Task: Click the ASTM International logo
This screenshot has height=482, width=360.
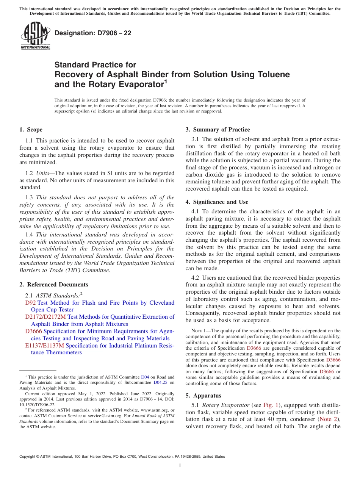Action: tap(35, 36)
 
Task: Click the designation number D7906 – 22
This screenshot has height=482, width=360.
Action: tap(93, 33)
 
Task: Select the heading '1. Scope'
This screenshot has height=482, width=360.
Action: tap(31, 130)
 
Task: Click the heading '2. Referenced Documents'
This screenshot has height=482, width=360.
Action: tap(53, 285)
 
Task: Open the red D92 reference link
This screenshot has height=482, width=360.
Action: tap(30, 303)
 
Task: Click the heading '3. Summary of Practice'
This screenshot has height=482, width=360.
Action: tap(218, 130)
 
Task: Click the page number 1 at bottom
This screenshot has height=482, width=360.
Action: tap(180, 466)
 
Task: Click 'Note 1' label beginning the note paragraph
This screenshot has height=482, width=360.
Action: tap(199, 331)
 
